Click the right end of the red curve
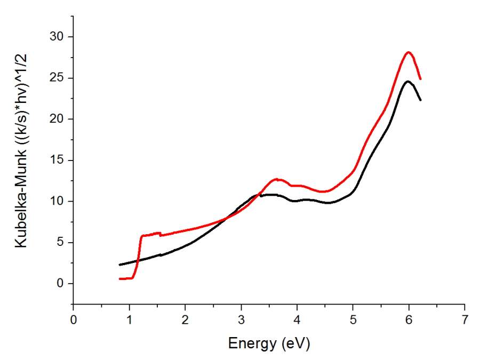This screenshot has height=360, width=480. [x=421, y=79]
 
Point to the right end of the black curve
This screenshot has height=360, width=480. [x=421, y=100]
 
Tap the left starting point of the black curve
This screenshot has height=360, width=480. [x=119, y=265]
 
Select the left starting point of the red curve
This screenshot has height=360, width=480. [x=119, y=278]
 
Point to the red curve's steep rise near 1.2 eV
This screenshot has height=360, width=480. [x=139, y=256]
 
